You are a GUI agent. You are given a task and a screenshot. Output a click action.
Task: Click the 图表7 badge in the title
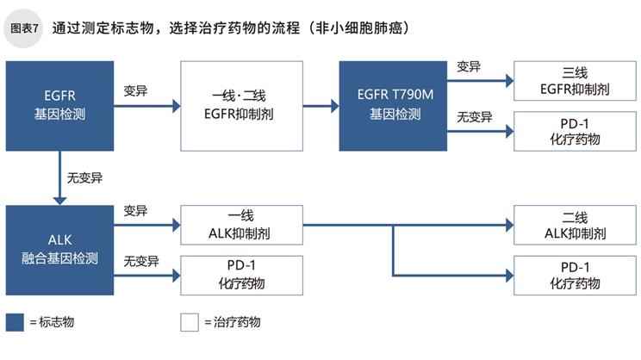tap(23, 28)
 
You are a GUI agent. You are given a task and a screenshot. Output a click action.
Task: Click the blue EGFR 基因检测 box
tap(59, 105)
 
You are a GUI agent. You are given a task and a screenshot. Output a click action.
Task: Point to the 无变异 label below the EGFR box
tap(84, 178)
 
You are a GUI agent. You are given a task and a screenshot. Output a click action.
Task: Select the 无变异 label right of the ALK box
tap(140, 260)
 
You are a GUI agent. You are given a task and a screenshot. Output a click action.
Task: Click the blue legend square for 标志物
tap(15, 322)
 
